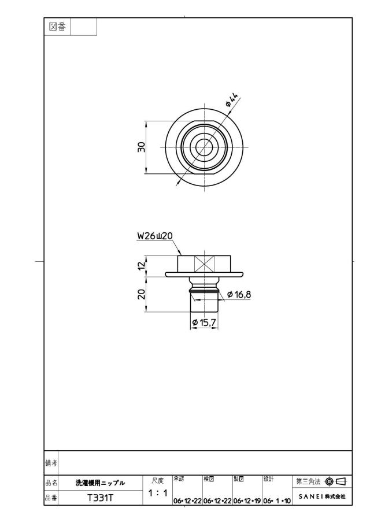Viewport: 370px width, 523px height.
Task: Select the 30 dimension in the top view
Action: point(142,147)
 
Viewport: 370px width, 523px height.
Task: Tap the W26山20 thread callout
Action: point(154,236)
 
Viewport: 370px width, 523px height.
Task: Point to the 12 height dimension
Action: point(142,266)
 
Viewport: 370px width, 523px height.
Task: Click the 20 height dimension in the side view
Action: point(142,294)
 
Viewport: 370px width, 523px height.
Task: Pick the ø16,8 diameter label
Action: point(239,295)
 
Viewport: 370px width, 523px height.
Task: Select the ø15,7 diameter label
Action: point(205,322)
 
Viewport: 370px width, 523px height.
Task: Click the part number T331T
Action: point(101,498)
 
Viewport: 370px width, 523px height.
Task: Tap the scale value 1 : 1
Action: point(158,492)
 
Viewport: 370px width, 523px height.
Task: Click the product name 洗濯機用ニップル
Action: point(100,483)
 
